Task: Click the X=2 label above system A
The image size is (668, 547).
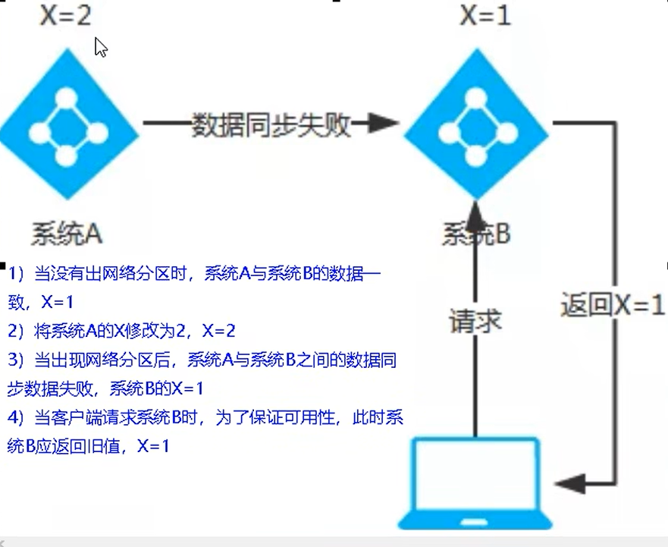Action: tap(65, 15)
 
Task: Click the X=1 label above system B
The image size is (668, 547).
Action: tap(485, 15)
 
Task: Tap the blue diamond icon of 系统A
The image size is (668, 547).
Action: tap(67, 124)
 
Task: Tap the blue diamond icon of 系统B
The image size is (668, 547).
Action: tap(475, 124)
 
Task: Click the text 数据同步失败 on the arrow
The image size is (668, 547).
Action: tap(271, 124)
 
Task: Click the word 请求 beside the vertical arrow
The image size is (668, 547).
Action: tap(475, 321)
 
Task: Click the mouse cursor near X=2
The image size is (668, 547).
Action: tap(100, 47)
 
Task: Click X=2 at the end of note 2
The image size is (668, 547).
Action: tap(218, 331)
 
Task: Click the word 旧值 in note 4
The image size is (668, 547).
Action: tap(104, 447)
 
